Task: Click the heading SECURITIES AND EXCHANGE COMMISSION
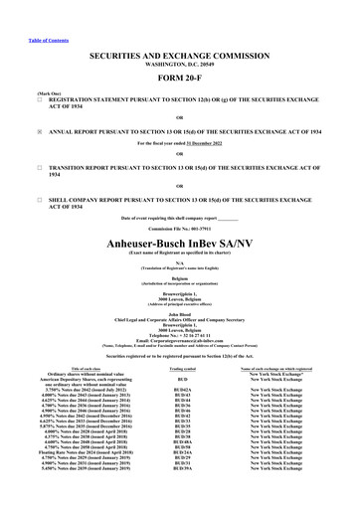179,33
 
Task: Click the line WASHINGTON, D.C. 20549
179,43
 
